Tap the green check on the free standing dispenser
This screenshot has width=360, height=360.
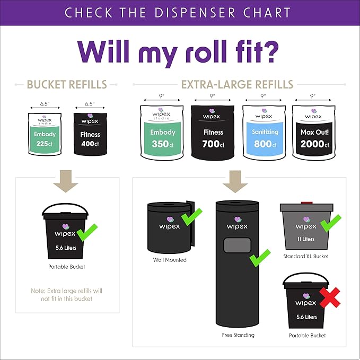(259, 258)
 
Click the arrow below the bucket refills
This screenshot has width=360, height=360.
(67, 180)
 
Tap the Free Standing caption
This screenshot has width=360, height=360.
(238, 335)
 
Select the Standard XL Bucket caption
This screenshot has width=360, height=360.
(306, 257)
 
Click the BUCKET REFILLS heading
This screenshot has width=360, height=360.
(67, 84)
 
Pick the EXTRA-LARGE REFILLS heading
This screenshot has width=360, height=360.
(237, 84)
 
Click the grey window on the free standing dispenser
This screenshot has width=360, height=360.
(238, 245)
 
